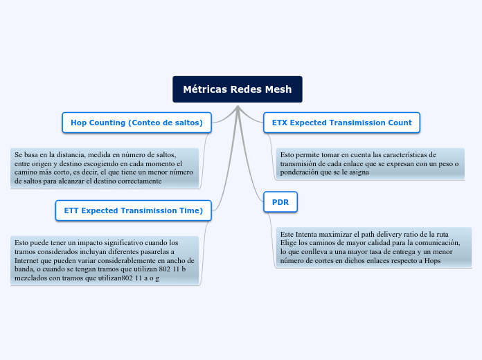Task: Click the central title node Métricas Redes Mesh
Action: (237, 89)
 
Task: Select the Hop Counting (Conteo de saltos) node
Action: (136, 123)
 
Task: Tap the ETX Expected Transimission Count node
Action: (341, 123)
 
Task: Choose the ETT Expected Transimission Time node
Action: (133, 210)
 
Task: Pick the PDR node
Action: (280, 202)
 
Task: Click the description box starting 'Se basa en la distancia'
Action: (105, 168)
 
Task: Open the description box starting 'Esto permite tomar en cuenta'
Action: (369, 163)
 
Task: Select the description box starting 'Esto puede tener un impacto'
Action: (105, 260)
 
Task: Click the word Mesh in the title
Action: (278, 89)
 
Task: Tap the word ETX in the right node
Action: (280, 123)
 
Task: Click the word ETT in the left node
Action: (72, 210)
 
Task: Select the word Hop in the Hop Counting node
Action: (79, 123)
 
